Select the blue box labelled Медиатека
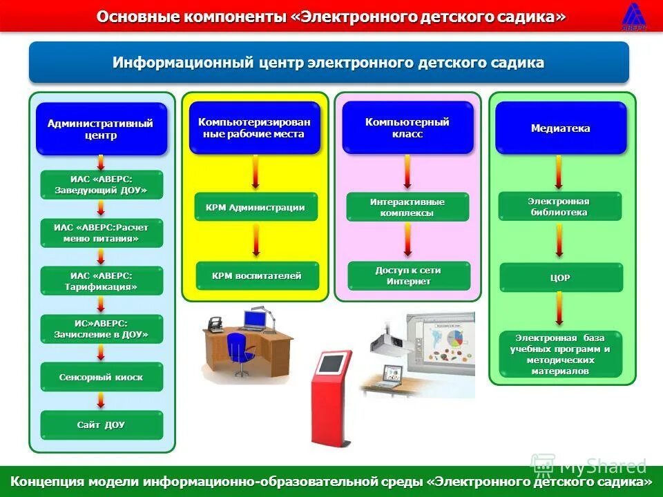pos(560,128)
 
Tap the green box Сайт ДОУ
pos(102,425)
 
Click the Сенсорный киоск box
pos(102,378)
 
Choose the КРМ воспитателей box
pos(257,276)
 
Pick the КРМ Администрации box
pos(256,207)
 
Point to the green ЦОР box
pos(561,277)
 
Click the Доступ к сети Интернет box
pos(408,276)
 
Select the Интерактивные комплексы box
pos(407,207)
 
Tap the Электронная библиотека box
pos(559,206)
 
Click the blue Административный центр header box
pos(101,129)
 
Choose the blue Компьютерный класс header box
pos(407,128)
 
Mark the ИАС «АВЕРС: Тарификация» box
pos(102,281)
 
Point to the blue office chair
pos(240,352)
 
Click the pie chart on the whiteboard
pos(455,339)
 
